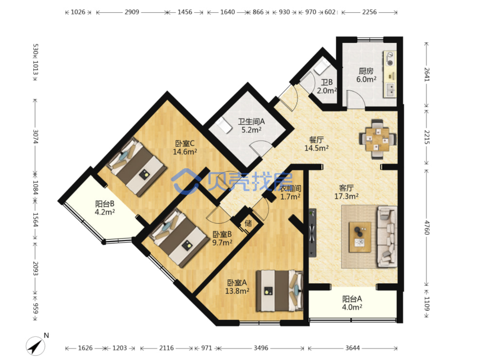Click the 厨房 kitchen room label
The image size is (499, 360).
tap(366, 71)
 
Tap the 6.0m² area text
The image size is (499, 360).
tap(366, 79)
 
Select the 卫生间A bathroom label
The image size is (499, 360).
tap(251, 122)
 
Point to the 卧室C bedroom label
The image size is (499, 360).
tap(185, 143)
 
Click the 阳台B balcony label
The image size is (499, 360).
tap(105, 204)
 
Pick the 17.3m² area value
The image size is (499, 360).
tap(346, 196)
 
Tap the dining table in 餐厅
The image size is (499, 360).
tap(378, 139)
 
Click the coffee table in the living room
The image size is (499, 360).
tap(360, 237)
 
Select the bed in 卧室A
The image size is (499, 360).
tap(280, 291)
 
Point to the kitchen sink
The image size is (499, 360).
tap(390, 90)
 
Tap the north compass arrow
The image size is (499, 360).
tap(35, 346)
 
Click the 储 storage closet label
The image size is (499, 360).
tap(248, 223)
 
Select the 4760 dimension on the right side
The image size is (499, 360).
tap(427, 227)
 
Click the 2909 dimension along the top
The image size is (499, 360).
tap(132, 12)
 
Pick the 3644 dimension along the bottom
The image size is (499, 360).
tap(352, 348)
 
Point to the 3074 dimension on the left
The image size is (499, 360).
tap(35, 136)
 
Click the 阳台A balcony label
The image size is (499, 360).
tap(352, 299)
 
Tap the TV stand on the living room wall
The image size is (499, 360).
tap(312, 233)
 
